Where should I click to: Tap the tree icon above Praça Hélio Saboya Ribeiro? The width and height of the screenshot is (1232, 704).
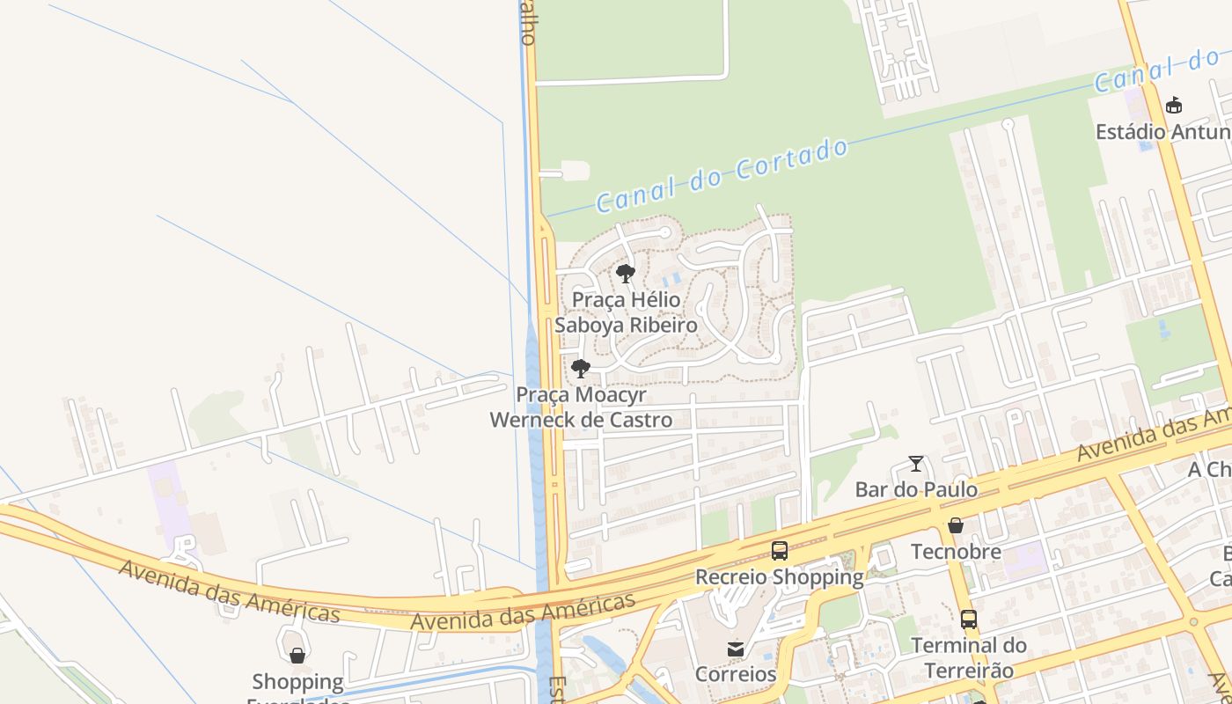(x=626, y=274)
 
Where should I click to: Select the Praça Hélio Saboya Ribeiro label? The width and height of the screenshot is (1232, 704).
(x=626, y=312)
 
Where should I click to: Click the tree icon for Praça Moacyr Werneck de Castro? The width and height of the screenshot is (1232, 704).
(x=580, y=369)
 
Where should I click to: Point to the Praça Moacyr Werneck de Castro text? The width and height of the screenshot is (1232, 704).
(x=581, y=407)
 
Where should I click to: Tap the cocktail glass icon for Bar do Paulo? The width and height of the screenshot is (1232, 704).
(x=916, y=464)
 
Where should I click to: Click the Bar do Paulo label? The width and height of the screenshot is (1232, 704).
(x=916, y=489)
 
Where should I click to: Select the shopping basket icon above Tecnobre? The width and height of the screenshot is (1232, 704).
(x=956, y=526)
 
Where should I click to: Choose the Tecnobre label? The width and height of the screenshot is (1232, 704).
(x=956, y=552)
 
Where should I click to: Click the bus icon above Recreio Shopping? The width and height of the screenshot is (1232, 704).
(x=780, y=551)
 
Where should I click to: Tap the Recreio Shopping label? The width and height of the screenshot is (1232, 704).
(x=780, y=577)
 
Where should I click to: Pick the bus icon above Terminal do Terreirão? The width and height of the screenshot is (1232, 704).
(x=969, y=620)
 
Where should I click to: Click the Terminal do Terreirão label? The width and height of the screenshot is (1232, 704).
(x=969, y=657)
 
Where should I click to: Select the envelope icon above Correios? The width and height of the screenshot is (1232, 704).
(x=736, y=649)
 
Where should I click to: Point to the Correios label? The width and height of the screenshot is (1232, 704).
(x=736, y=675)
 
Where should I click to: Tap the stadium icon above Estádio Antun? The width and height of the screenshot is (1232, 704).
(x=1173, y=106)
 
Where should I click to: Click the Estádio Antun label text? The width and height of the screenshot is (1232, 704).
(x=1162, y=132)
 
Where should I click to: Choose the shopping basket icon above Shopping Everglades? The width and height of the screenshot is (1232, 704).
(x=297, y=656)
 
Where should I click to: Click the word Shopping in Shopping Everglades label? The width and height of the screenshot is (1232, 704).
(x=297, y=682)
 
